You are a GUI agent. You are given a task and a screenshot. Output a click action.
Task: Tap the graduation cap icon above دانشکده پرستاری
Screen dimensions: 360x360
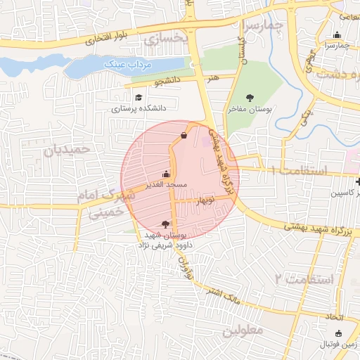[139, 97]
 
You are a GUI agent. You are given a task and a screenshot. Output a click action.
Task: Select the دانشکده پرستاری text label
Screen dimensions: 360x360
[139, 110]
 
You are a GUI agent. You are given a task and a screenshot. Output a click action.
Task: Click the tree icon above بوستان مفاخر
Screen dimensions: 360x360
[250, 97]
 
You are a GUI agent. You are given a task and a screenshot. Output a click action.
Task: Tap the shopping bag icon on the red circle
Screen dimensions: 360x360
[184, 135]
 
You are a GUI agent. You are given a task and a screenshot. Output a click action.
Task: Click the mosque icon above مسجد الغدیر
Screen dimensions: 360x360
[167, 174]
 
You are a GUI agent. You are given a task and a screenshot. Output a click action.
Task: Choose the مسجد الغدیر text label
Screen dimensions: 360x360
[167, 185]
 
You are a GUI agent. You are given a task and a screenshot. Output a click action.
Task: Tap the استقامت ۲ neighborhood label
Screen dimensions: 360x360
[302, 278]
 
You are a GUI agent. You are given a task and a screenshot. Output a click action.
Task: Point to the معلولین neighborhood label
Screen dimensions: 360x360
[242, 330]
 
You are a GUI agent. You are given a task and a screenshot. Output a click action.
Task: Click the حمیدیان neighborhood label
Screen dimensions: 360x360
[67, 150]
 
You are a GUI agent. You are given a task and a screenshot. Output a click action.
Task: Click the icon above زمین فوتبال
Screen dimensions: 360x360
[339, 333]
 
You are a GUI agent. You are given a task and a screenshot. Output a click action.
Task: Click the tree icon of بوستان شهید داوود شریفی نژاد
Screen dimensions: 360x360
[166, 224]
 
